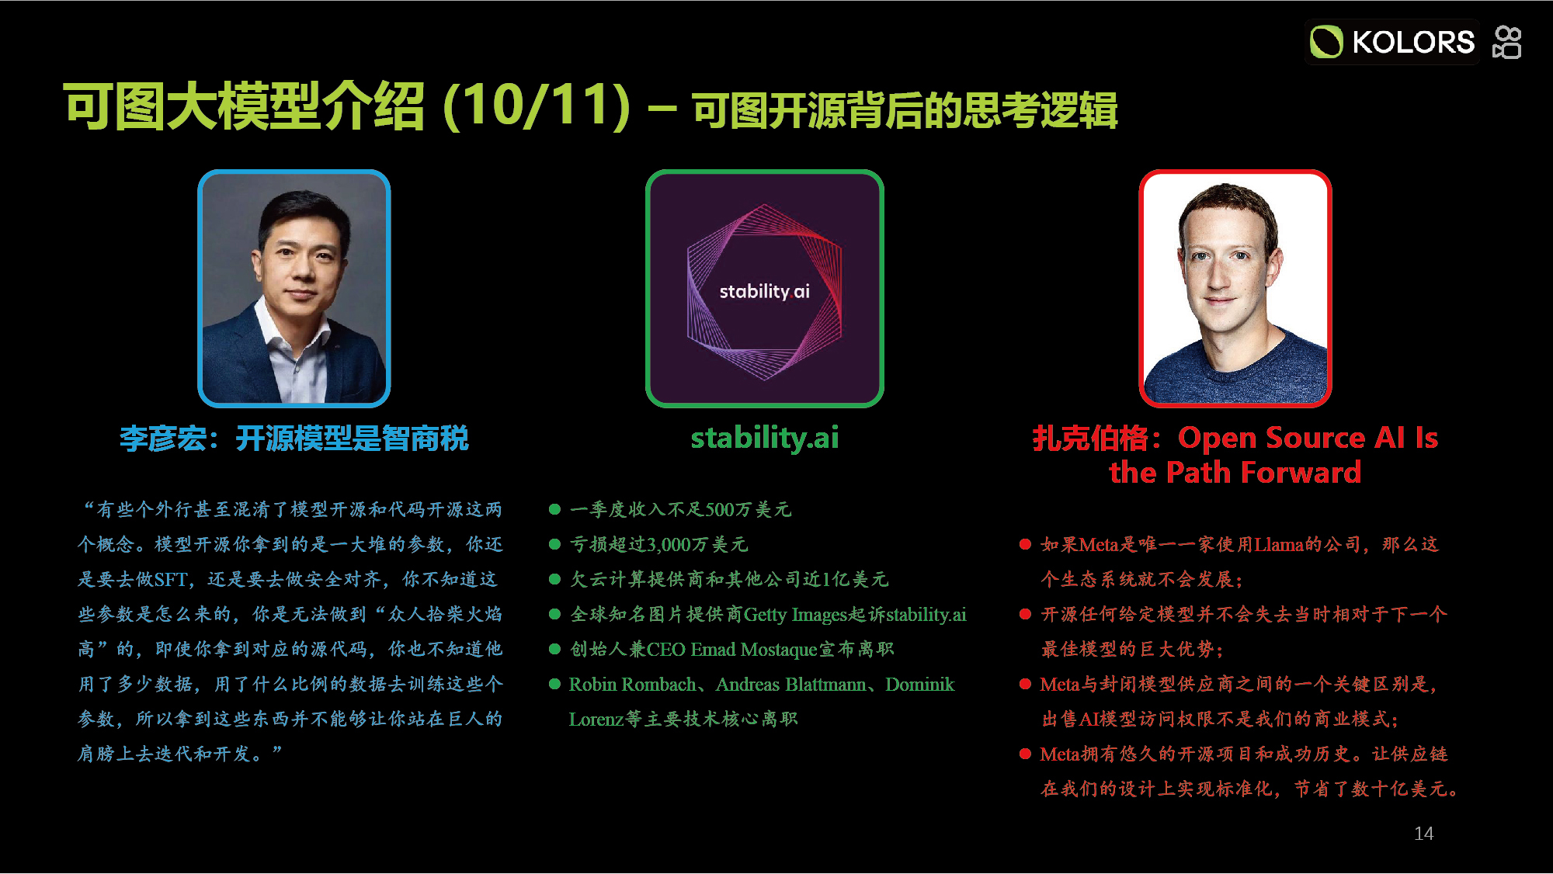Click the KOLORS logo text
coord(1412,42)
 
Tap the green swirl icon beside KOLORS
coord(1326,42)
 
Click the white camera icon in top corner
coord(1507,42)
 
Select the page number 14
coord(1423,834)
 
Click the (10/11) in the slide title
coord(536,106)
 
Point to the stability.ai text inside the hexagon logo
coord(764,291)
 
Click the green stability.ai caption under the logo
coord(765,439)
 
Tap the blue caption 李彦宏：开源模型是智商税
coord(294,439)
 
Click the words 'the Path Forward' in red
coord(1235,472)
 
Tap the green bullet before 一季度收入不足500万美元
coord(554,509)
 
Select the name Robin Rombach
coord(632,685)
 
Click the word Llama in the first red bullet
coord(1280,545)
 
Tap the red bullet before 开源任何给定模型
coord(1025,614)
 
